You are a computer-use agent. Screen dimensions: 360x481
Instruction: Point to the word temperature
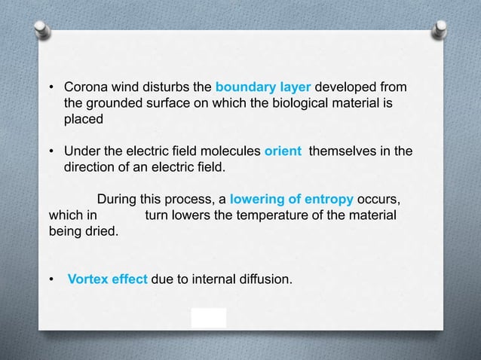click(x=283, y=215)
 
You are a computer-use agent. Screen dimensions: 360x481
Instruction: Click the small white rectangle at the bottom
click(x=209, y=317)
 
